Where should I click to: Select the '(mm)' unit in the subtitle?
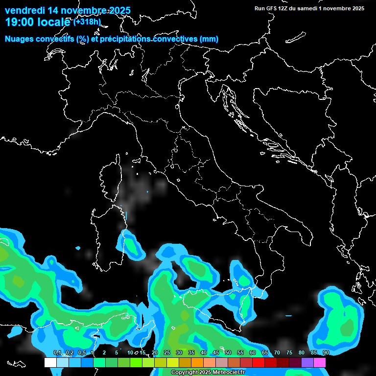point(209,39)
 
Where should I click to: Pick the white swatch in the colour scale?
point(50,363)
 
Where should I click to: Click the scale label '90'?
point(326,352)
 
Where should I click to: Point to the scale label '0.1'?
point(57,352)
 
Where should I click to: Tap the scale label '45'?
point(215,352)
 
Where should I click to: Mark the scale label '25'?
point(166,352)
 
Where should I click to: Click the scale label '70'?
point(277,352)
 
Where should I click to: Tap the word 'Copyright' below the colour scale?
point(182,372)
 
